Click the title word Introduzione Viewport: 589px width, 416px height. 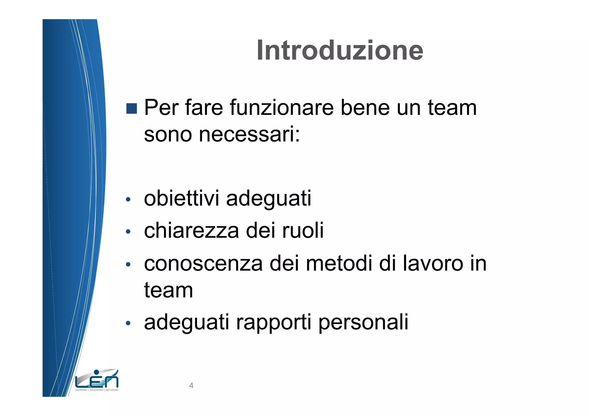point(340,51)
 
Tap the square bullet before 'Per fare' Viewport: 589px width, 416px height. point(131,108)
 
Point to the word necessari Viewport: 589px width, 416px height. point(249,135)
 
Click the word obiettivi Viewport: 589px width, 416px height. point(181,199)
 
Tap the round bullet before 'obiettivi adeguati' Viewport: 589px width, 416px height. point(128,199)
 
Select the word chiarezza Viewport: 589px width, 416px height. point(192,231)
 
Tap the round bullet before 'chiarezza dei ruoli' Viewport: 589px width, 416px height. point(128,231)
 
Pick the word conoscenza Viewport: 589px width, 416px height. point(203,264)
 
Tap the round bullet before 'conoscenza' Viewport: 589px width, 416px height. point(128,264)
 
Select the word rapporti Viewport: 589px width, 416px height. point(274,323)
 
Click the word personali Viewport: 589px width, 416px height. point(363,323)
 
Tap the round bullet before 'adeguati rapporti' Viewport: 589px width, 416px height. point(128,323)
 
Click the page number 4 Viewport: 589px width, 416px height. point(191,386)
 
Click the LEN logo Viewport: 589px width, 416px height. point(97,380)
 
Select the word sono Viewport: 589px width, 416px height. point(168,135)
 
